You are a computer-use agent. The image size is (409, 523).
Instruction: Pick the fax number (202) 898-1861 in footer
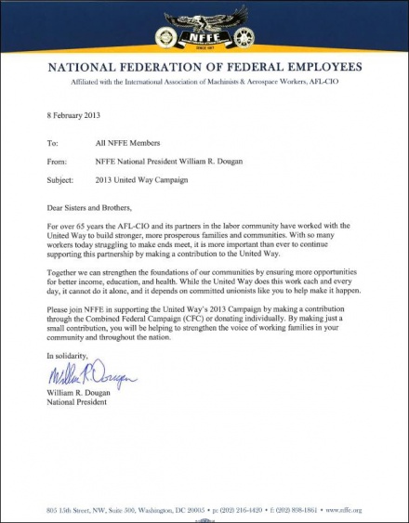pos(308,510)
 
